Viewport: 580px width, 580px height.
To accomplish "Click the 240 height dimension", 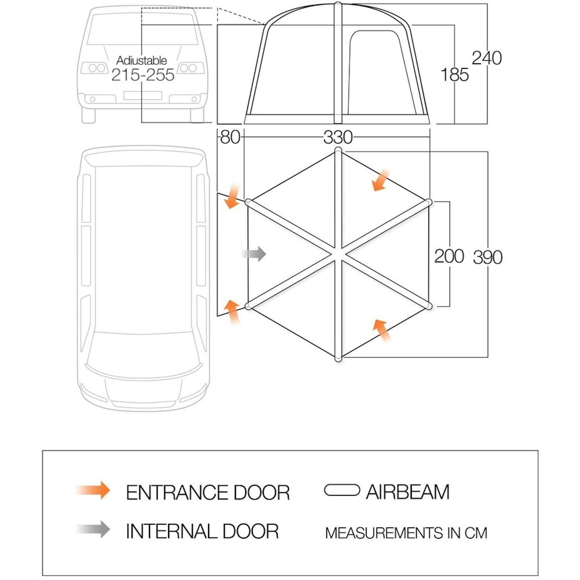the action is tap(487, 58).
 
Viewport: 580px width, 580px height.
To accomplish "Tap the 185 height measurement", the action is tap(455, 74).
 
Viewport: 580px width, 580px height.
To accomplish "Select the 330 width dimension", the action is tap(338, 137).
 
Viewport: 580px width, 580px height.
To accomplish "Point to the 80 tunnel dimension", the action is tap(230, 137).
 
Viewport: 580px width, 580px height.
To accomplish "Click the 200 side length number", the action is tap(449, 256).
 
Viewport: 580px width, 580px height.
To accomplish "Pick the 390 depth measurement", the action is tap(488, 257).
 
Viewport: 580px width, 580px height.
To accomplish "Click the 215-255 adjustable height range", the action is tap(143, 75).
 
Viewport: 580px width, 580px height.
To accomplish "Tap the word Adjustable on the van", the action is tap(142, 60).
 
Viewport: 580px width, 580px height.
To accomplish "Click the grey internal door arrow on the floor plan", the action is tap(254, 254).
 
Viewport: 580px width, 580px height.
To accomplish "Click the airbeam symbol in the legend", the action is tap(342, 490).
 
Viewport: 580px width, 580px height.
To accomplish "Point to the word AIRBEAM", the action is tap(408, 492).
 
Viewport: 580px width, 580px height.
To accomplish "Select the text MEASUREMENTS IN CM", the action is tap(406, 533).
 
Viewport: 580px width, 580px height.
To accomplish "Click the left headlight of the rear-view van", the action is tap(95, 68).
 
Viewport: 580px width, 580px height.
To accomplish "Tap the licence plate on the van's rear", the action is tap(142, 96).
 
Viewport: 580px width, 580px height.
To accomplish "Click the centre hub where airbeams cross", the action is tap(338, 254).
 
